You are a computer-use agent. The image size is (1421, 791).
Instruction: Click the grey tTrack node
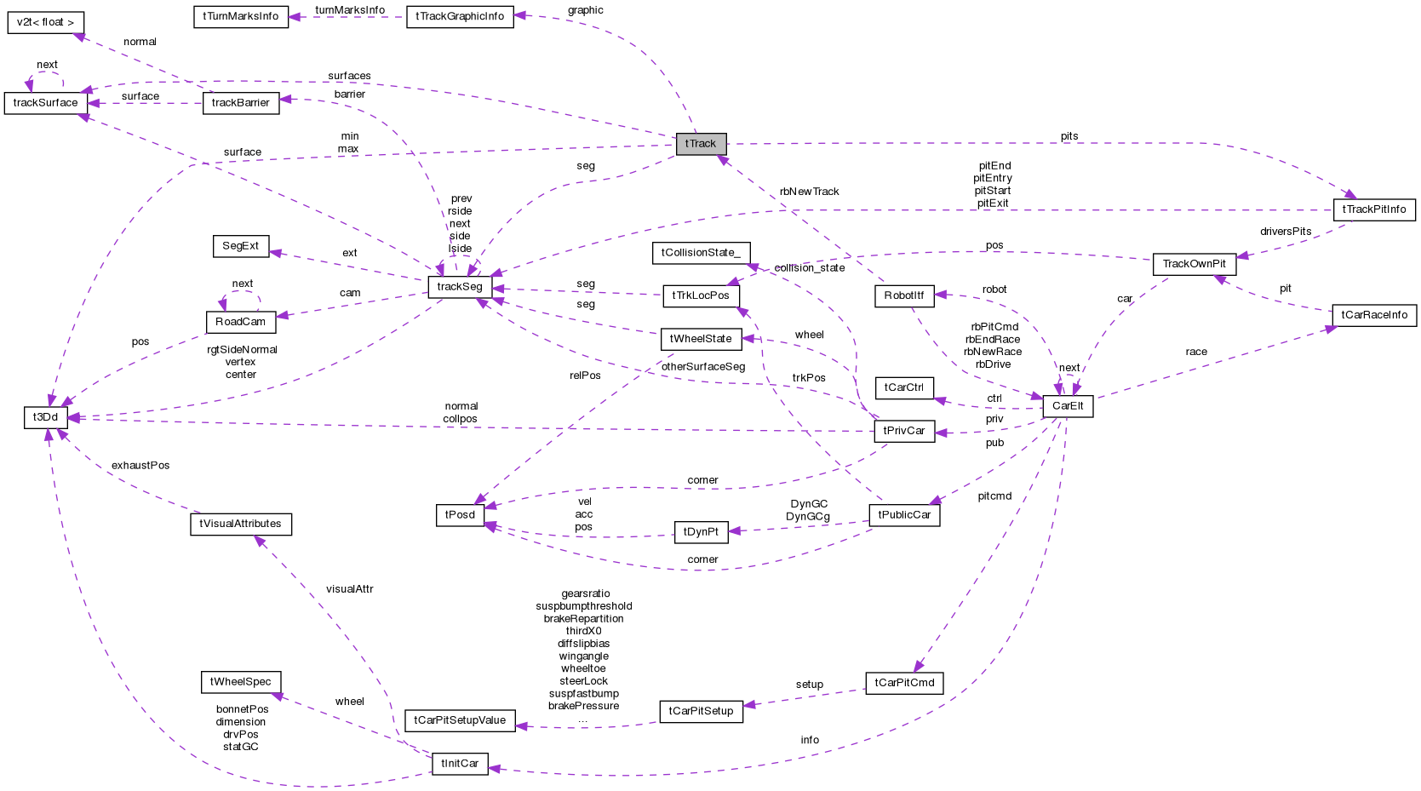click(x=701, y=144)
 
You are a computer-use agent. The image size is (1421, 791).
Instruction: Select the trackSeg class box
click(x=460, y=287)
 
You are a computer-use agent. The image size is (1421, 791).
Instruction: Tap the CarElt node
click(x=1068, y=406)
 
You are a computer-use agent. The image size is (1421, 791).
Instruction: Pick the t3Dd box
click(x=45, y=417)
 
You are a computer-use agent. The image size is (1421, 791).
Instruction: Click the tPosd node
click(x=460, y=515)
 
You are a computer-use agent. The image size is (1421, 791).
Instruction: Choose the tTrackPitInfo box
click(x=1374, y=209)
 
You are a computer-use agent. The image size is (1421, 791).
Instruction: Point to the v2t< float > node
click(x=46, y=22)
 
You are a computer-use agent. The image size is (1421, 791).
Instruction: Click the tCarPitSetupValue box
click(x=460, y=720)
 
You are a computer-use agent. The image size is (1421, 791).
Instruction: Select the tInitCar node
click(x=460, y=764)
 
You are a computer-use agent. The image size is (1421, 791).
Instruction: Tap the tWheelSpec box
click(x=241, y=682)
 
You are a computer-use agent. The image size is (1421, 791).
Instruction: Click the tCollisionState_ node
click(x=701, y=253)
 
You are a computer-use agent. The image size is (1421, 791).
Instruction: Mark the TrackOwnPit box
click(x=1194, y=264)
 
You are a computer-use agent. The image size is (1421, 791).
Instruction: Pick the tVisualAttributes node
click(x=240, y=524)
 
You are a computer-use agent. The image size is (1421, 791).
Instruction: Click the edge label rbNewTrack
click(x=809, y=192)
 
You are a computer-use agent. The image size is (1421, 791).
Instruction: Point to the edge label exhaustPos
click(x=140, y=466)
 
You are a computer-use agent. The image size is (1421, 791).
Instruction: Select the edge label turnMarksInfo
click(x=350, y=10)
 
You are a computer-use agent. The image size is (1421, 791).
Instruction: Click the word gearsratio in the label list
click(x=585, y=593)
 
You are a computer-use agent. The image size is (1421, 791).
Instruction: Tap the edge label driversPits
click(x=1286, y=232)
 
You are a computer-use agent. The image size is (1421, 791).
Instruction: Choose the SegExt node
click(x=241, y=246)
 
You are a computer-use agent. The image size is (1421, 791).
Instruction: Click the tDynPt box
click(x=701, y=532)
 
